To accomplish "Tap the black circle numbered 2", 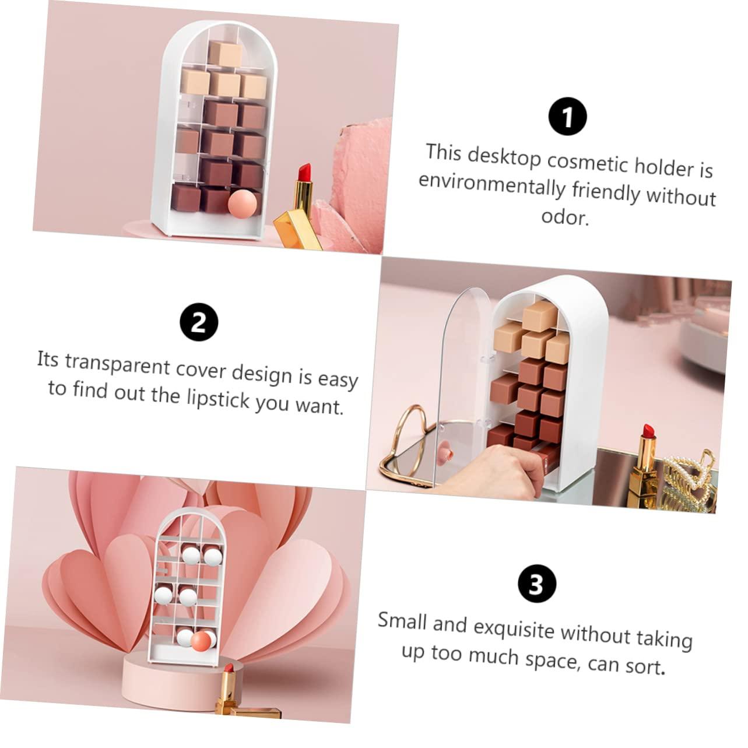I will point(199,322).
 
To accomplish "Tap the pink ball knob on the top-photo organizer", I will point(240,205).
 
